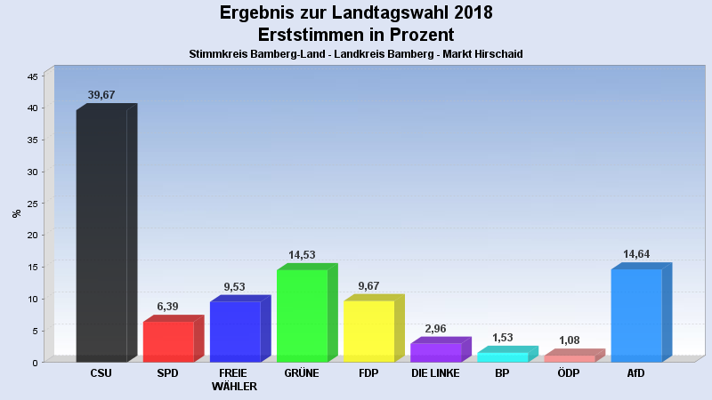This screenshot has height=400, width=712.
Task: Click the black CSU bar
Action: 101,236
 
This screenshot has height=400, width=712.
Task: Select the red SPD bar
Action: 168,341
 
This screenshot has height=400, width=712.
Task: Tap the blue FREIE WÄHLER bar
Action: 235,332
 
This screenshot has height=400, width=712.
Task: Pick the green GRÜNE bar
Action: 302,316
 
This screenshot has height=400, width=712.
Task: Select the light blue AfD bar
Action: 636,316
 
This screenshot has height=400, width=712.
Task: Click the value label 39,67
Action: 101,95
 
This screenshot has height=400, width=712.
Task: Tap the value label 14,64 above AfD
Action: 636,254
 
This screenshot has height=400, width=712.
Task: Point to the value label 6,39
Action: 168,306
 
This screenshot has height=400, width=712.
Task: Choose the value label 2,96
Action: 435,329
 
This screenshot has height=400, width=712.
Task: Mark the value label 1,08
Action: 570,340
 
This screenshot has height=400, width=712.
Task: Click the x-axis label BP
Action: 502,373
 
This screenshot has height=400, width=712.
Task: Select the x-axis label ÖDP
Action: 570,373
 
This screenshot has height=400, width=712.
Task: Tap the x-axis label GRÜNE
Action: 302,373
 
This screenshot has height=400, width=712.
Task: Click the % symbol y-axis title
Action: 16,213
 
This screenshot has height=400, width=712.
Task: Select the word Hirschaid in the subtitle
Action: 498,54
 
